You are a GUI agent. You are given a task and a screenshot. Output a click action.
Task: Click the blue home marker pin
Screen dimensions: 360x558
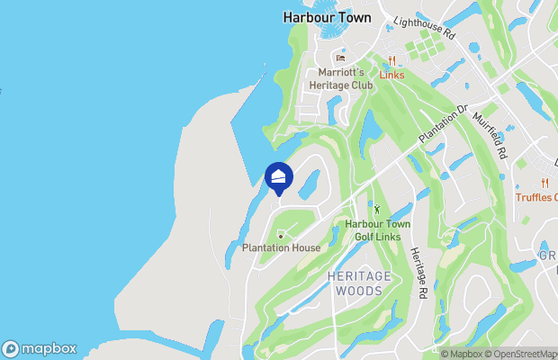pyautogui.click(x=279, y=176)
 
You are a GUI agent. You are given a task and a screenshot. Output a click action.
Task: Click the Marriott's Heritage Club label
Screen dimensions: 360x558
pyautogui.click(x=340, y=78)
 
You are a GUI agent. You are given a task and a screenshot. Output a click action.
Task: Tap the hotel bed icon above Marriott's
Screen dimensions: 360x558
pyautogui.click(x=340, y=59)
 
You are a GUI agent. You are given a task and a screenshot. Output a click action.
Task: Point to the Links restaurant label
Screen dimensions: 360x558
pyautogui.click(x=391, y=75)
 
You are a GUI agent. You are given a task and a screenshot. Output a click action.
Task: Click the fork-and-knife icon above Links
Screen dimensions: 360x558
pyautogui.click(x=391, y=61)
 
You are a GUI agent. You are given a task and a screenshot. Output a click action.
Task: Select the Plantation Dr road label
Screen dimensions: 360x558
pyautogui.click(x=444, y=123)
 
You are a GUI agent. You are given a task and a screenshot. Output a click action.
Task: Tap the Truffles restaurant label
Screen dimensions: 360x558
pyautogui.click(x=535, y=197)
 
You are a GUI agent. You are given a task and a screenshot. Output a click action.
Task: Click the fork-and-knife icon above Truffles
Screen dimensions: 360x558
pyautogui.click(x=545, y=184)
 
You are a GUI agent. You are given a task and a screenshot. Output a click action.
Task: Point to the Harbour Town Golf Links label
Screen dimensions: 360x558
pyautogui.click(x=373, y=229)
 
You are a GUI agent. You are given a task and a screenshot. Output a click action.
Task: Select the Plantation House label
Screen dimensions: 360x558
pyautogui.click(x=282, y=248)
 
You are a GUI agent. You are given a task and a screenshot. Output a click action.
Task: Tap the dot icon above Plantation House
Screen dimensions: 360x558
pyautogui.click(x=282, y=237)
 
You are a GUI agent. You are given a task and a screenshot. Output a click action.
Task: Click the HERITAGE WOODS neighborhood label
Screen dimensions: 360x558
pyautogui.click(x=360, y=283)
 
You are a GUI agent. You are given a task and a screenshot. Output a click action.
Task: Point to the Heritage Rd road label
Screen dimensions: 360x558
pyautogui.click(x=418, y=274)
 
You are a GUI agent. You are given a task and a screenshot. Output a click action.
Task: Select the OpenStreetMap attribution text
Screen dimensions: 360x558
pyautogui.click(x=526, y=353)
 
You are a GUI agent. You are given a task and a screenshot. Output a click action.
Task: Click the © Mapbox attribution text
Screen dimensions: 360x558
pyautogui.click(x=464, y=353)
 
